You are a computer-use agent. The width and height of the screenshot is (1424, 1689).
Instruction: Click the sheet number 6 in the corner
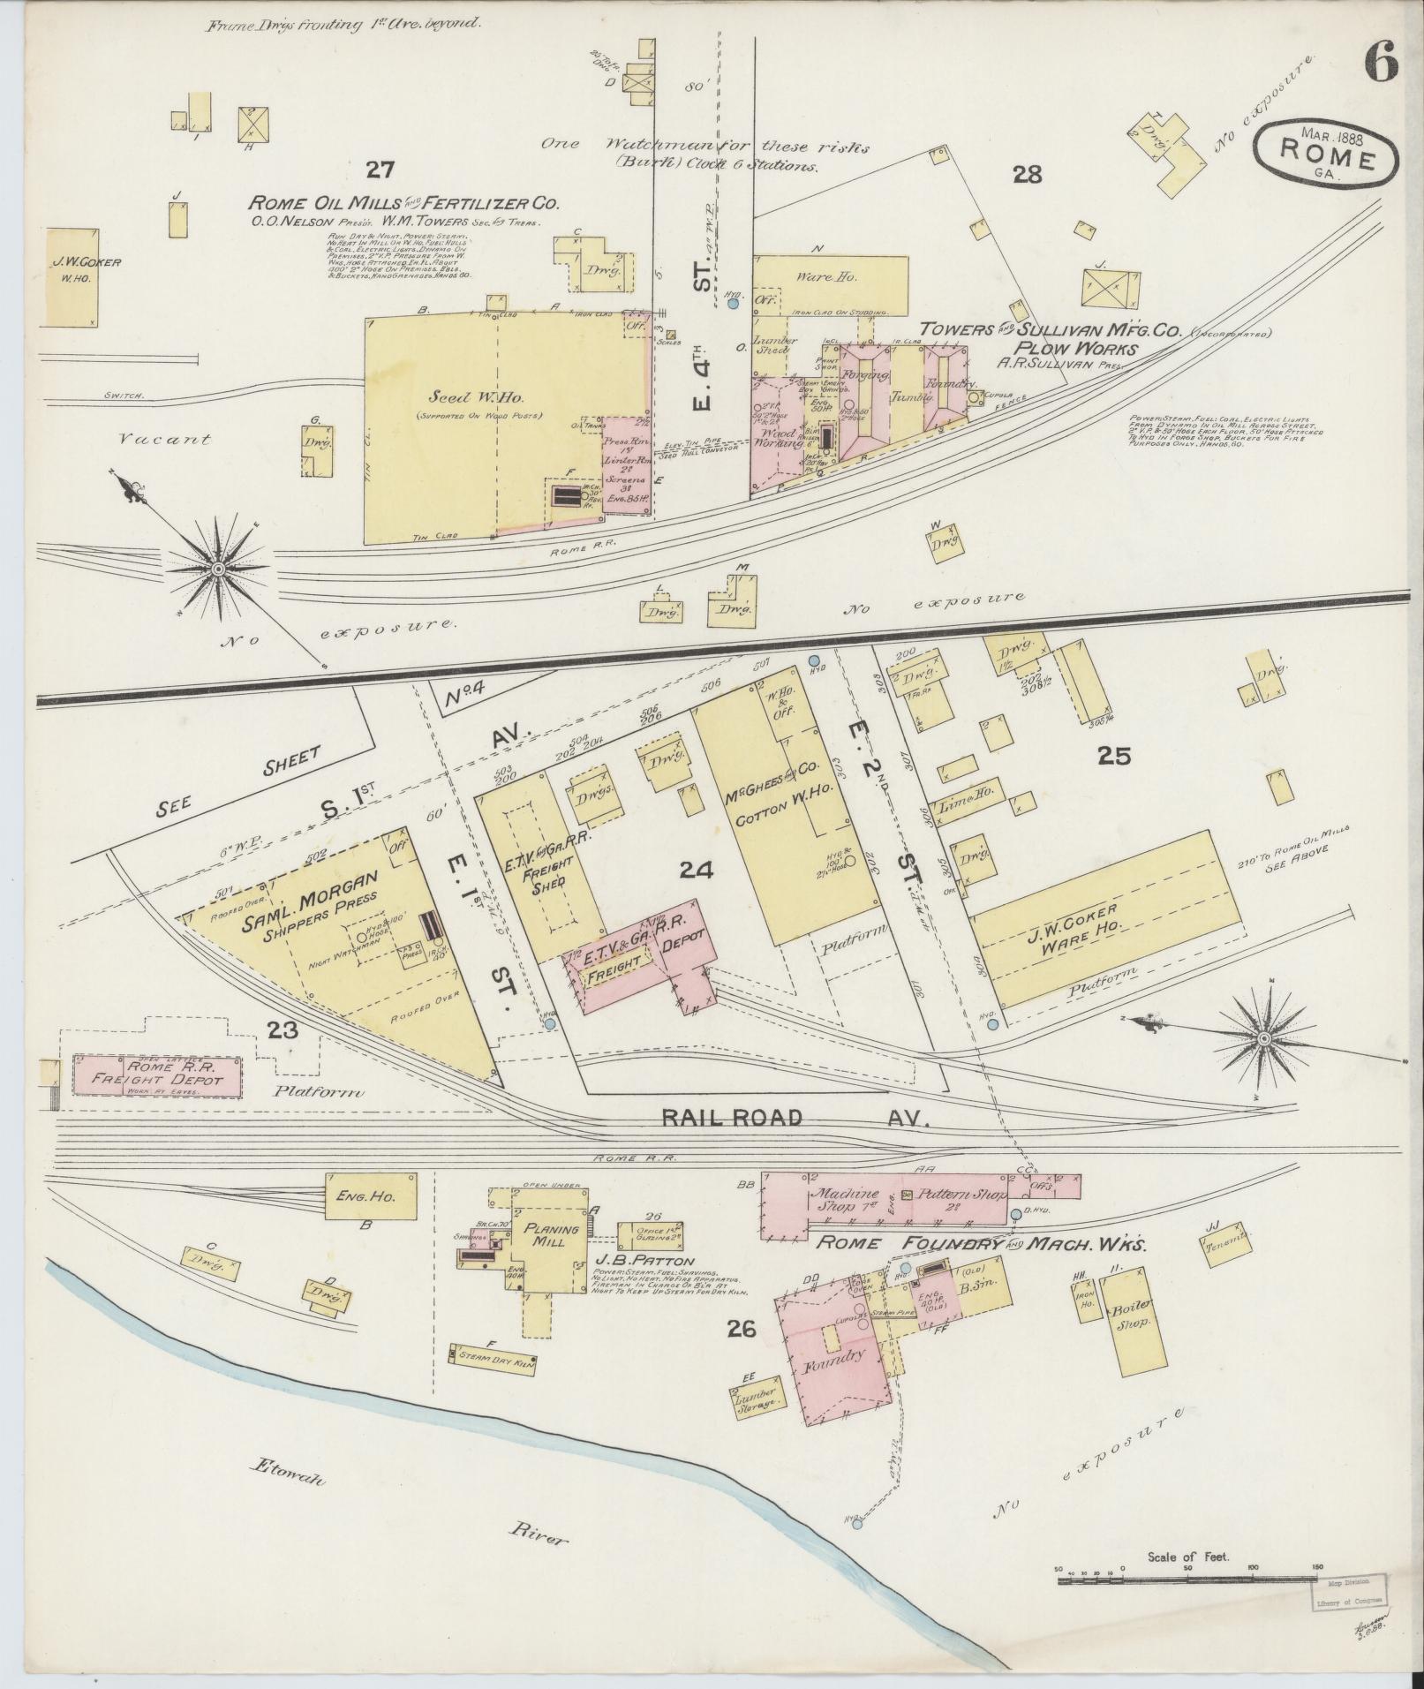point(1380,63)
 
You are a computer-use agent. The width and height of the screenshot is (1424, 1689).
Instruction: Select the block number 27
point(382,170)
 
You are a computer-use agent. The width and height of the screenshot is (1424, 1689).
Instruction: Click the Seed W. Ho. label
point(462,397)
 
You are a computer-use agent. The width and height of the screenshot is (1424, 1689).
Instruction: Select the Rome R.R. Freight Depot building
point(156,1075)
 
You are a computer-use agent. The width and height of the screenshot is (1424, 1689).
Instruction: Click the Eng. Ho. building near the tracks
point(371,1197)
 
